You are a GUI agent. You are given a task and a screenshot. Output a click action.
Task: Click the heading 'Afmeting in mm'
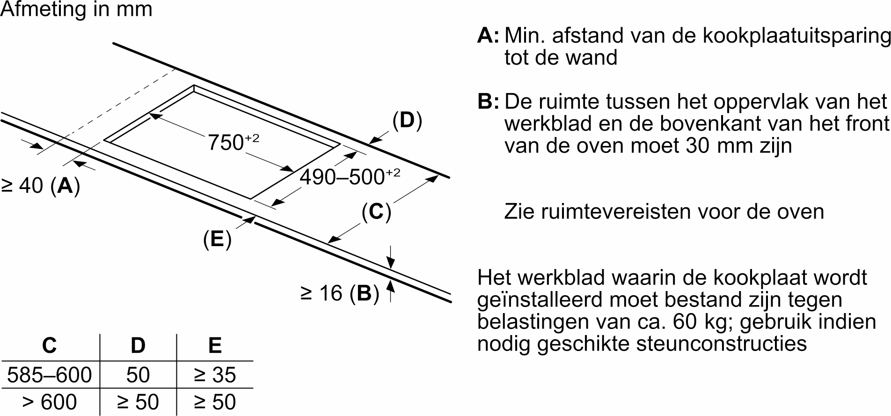[x=76, y=9]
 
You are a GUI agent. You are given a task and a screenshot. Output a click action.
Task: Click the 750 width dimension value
[x=233, y=143]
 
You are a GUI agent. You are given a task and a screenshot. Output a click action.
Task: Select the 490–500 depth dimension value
[x=350, y=177]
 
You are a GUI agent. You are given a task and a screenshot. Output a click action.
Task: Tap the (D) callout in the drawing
[x=407, y=121]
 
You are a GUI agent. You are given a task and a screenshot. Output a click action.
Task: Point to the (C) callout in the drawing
[x=376, y=212]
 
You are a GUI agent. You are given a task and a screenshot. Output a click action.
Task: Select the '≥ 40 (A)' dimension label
[x=41, y=186]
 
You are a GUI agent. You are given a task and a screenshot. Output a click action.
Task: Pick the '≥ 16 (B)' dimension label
[x=339, y=293]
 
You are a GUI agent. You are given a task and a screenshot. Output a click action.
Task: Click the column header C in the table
[x=50, y=346]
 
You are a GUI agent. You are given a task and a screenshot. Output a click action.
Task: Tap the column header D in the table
[x=138, y=346]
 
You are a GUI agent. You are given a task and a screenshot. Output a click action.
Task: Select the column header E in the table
[x=215, y=346]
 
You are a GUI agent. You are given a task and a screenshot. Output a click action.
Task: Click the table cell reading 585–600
[x=50, y=375]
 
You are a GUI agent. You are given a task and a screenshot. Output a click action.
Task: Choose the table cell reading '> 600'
[x=50, y=402]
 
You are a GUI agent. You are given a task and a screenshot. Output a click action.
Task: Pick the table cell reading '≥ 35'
[x=215, y=375]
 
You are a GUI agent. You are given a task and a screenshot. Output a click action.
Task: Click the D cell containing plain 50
[x=138, y=375]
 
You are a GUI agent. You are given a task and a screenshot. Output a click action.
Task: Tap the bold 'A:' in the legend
[x=489, y=36]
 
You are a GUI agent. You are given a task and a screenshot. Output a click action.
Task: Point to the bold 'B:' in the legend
[x=489, y=102]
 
